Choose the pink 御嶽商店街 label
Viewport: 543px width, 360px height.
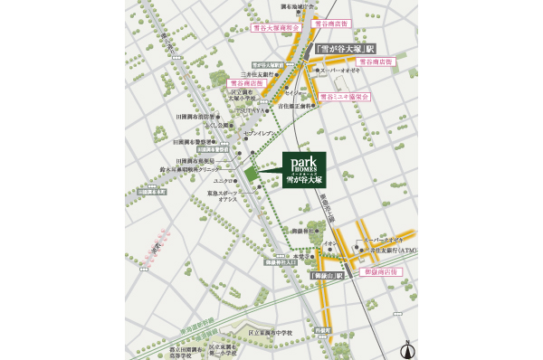pyautogui.click(x=380, y=271)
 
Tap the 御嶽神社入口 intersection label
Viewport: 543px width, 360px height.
pyautogui.click(x=281, y=263)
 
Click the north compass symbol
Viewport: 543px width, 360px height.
pyautogui.click(x=408, y=347)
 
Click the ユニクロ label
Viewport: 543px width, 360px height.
pyautogui.click(x=227, y=181)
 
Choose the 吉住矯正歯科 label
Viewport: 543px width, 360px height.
pyautogui.click(x=297, y=107)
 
